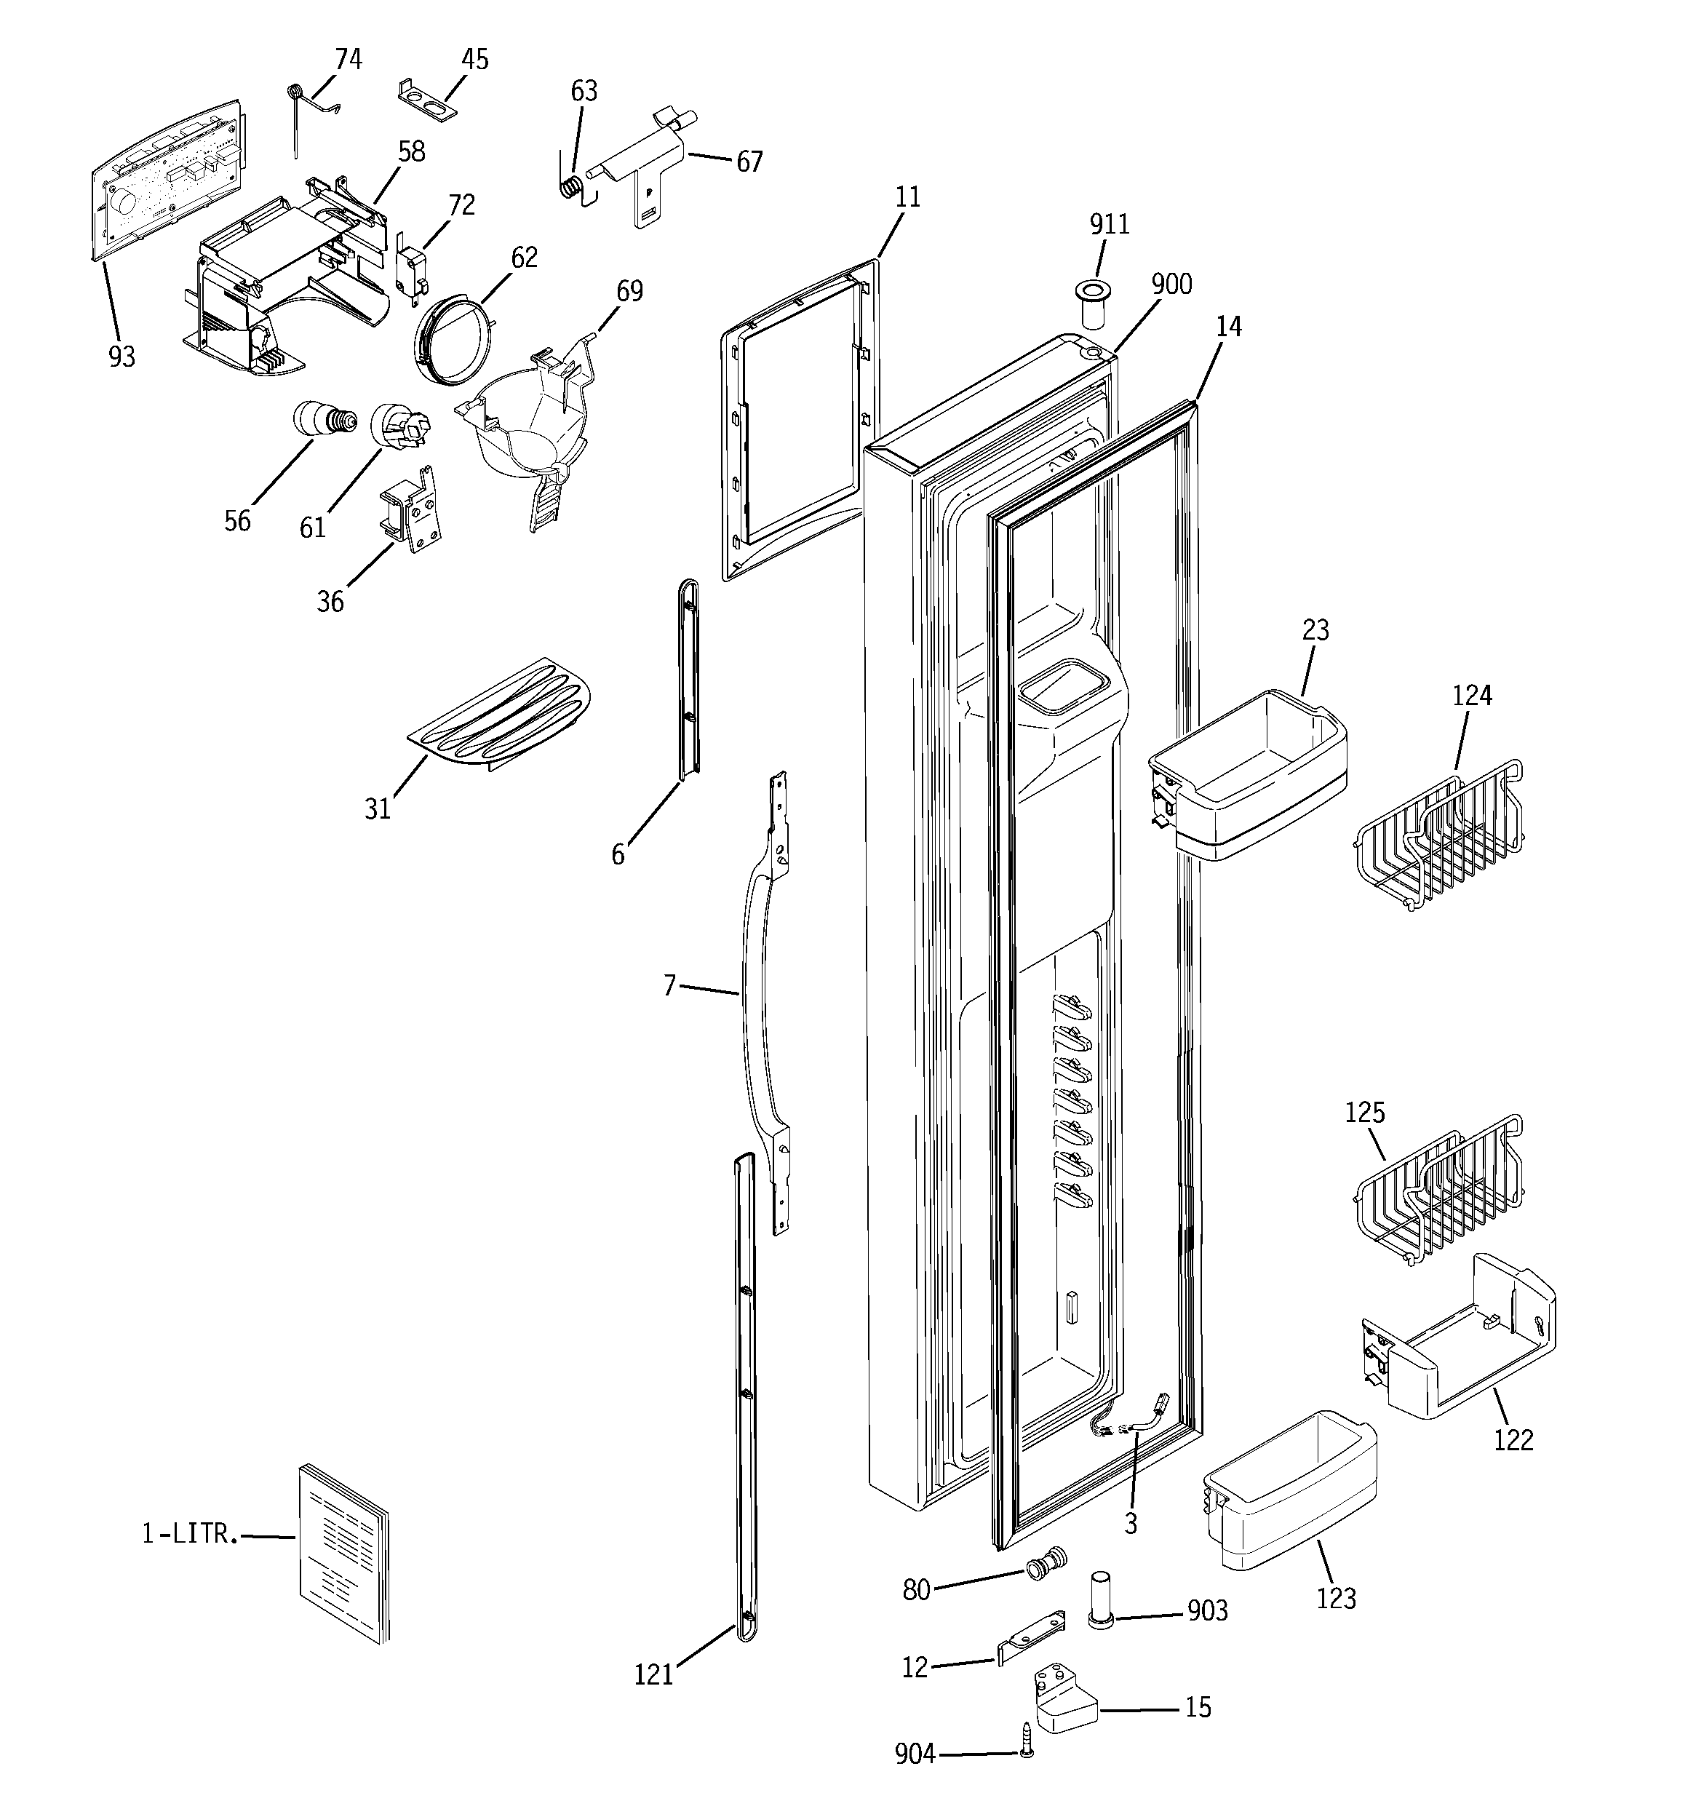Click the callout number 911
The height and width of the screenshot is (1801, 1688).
[x=1109, y=224]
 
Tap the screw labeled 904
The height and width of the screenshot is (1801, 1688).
[x=1027, y=1752]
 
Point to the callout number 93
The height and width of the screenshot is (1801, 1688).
[x=122, y=357]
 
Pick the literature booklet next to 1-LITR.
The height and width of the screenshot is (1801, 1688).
[x=343, y=1554]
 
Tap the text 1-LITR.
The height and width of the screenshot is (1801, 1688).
[x=191, y=1535]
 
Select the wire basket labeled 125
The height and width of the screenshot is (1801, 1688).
[x=1441, y=1188]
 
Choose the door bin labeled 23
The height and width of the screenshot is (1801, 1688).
[x=1249, y=774]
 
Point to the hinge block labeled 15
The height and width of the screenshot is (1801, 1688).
[x=1064, y=1703]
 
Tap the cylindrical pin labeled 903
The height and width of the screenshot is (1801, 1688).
[x=1100, y=1601]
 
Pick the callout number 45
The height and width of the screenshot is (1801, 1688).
[x=475, y=60]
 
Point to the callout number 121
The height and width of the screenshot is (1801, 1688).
[x=653, y=1675]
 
